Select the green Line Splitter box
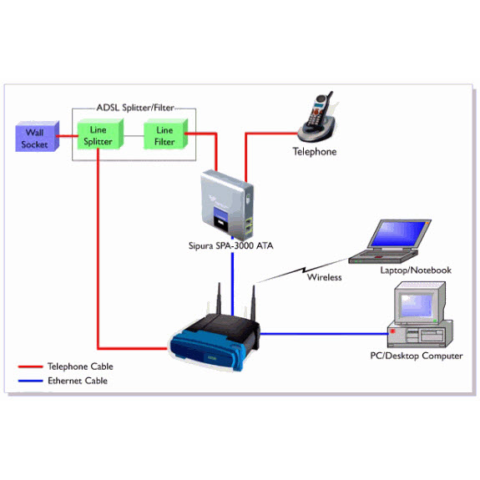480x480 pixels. (100, 134)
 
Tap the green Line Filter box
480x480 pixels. (165, 134)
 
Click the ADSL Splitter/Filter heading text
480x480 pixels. (135, 108)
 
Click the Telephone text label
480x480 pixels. (315, 152)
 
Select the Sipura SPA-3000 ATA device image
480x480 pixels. (227, 205)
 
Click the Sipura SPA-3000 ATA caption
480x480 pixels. (230, 245)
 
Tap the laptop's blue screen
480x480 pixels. (398, 234)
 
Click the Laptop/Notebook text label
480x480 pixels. (416, 270)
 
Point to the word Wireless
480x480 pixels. (325, 277)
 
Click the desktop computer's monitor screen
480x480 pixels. (417, 306)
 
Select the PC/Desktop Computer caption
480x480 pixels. (417, 356)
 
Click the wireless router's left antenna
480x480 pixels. (219, 299)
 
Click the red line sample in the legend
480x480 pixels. (30, 366)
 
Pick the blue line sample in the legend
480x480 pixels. (30, 381)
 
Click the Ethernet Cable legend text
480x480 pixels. (78, 381)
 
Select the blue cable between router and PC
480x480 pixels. (324, 334)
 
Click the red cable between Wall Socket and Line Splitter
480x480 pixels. (67, 136)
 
